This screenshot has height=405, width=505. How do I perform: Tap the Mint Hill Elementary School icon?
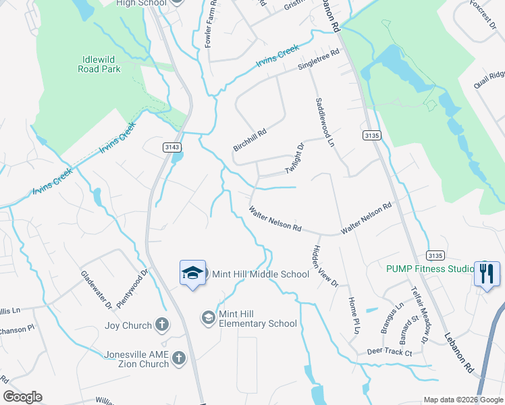point(209,317)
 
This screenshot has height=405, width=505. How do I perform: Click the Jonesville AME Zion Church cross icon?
point(179,358)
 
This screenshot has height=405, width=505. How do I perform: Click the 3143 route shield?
point(172,147)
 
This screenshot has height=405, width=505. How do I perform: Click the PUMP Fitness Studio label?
point(430,269)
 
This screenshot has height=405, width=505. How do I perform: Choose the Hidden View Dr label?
point(324,266)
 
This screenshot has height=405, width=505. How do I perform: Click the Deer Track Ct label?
point(389,352)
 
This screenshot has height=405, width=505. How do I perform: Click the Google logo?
point(22,397)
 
